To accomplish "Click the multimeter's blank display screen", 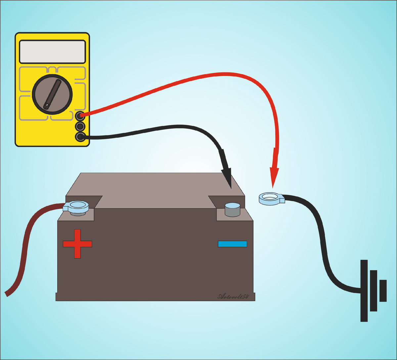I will [52, 52].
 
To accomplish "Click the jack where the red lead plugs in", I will [80, 116].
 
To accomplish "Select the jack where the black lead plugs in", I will [80, 137].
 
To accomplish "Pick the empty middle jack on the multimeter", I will [80, 126].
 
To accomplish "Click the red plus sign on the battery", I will [77, 244].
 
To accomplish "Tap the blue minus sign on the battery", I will [232, 244].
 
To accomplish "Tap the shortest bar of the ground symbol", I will [383, 291].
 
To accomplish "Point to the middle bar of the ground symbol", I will [374, 291].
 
